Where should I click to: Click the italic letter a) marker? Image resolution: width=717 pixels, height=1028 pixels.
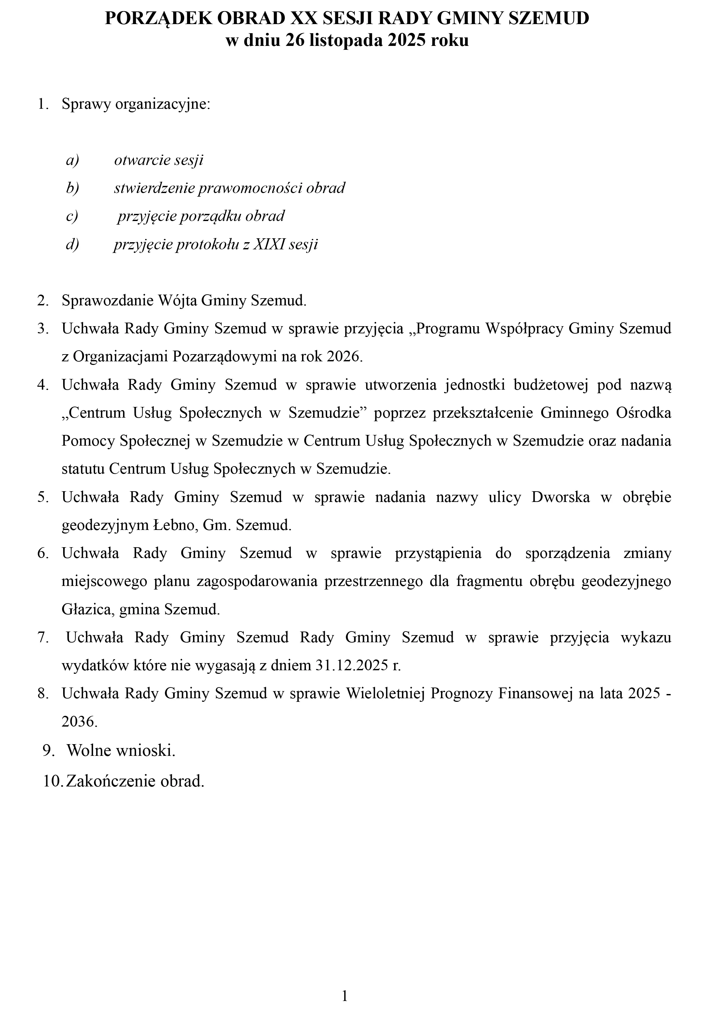click(72, 160)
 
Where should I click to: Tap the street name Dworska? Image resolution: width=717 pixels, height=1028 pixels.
click(560, 497)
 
